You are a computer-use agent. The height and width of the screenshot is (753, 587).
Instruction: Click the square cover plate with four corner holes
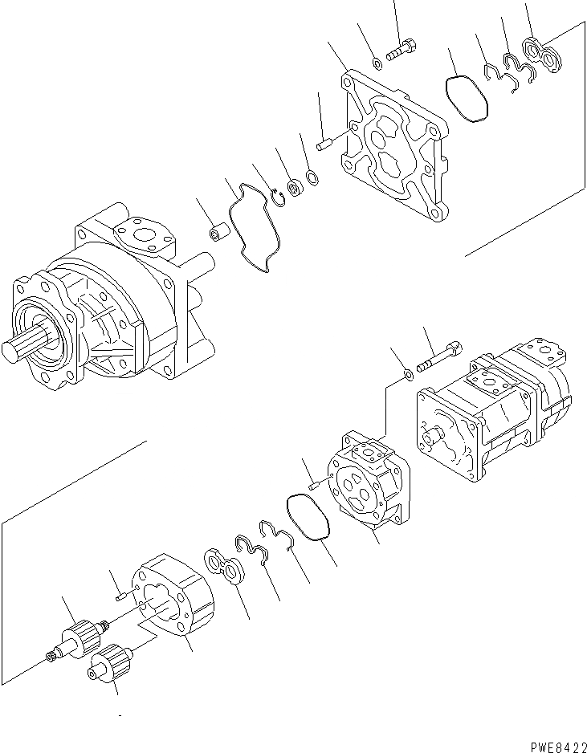pyautogui.click(x=394, y=149)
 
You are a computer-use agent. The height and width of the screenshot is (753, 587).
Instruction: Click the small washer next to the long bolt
pyautogui.click(x=409, y=373)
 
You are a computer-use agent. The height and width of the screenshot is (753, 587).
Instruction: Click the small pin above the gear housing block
pyautogui.click(x=120, y=595)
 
